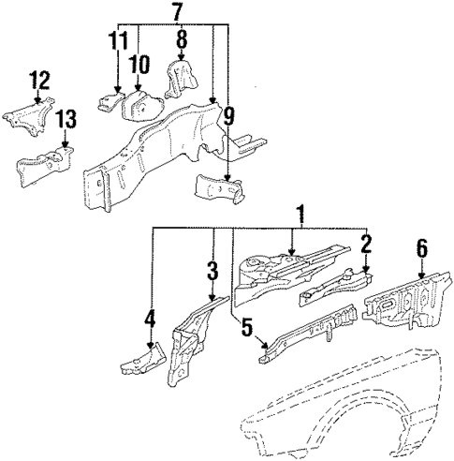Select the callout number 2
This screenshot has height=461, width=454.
(x=367, y=246)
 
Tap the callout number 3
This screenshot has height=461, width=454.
(x=212, y=272)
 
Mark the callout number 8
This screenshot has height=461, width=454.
(x=180, y=39)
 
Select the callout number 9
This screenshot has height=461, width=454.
(x=228, y=117)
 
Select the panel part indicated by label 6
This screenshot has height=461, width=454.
(x=406, y=304)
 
